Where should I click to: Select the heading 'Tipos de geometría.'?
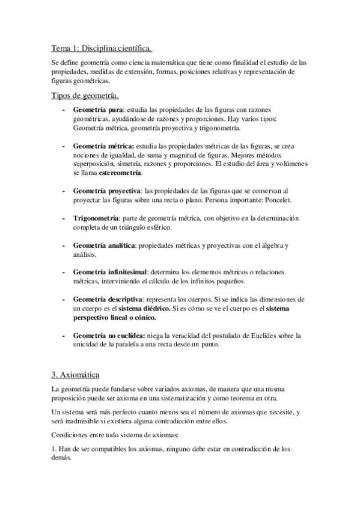coord(85,96)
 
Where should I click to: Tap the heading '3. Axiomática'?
coord(75,374)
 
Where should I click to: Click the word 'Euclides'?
coord(256,335)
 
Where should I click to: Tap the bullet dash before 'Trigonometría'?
coord(64,217)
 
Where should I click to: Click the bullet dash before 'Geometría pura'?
coord(64,111)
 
